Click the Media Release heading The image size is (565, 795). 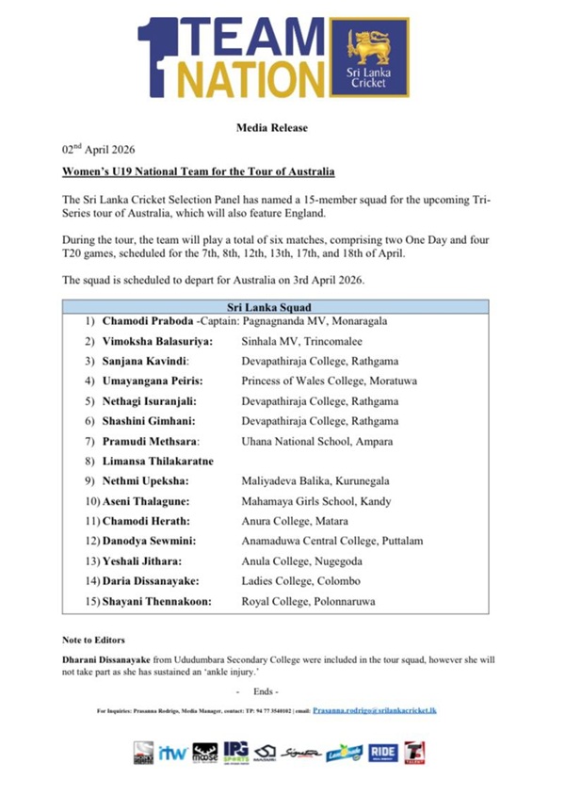point(282,127)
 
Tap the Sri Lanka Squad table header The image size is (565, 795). point(276,307)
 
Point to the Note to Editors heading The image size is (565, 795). point(94,640)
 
